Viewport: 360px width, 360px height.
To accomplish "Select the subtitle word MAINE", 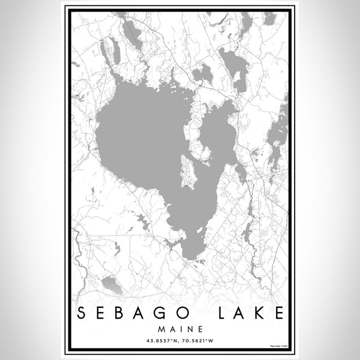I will point(180,329).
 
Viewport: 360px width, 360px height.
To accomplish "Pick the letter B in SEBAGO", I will point(123,311).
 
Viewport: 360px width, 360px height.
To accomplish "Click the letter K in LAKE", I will point(259,311).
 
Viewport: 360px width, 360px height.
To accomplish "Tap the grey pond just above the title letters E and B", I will point(112,285).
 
